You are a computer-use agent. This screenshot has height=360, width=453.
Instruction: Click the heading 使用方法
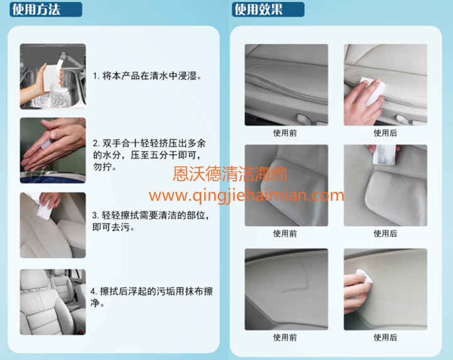pos(36,9)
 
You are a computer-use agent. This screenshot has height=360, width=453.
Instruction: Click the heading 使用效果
pos(258,9)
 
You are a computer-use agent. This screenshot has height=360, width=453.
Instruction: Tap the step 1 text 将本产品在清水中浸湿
pos(147,76)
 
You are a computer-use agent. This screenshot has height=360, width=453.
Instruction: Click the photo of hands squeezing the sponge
pos(53,150)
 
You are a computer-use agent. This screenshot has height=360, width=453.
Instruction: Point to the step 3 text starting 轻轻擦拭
pos(151,221)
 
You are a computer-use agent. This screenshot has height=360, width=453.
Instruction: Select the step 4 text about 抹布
pos(151,297)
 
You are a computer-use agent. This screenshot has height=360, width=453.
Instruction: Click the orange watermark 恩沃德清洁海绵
pos(230,174)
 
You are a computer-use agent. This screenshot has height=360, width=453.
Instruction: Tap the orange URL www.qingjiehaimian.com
pos(246,196)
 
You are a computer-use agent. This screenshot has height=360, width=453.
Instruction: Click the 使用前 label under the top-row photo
pos(285,133)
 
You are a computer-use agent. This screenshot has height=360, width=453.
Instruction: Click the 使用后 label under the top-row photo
pos(385,133)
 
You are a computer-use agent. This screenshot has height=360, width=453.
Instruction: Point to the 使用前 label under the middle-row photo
pos(285,233)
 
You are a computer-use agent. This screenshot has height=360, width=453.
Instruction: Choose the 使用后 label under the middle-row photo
pos(385,233)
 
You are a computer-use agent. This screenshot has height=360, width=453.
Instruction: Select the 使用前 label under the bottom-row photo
pos(285,337)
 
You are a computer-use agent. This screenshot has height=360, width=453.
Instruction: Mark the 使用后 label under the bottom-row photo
pos(385,337)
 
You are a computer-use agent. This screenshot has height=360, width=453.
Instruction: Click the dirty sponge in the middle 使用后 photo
pos(384,154)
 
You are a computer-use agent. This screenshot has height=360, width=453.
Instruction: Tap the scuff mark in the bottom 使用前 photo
pos(297,277)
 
